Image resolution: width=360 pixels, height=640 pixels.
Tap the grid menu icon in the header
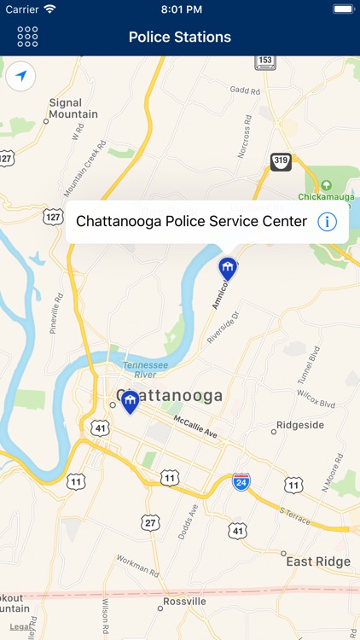coord(27,37)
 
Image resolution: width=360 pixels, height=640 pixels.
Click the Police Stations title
coord(180,37)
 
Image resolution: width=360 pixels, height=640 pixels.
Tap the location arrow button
coord(20,77)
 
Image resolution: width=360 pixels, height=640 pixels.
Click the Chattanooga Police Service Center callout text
coord(191,221)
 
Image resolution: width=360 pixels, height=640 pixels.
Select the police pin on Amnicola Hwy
coord(228,268)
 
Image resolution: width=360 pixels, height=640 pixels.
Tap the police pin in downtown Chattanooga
coord(130,402)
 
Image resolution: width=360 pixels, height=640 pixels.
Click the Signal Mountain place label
coord(73,108)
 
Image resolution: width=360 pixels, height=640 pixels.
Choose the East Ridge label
coord(318,561)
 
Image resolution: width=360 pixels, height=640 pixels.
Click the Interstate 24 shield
coord(241,481)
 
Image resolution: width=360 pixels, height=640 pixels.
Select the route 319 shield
coord(281,161)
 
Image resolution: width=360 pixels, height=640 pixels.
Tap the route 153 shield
coord(264,61)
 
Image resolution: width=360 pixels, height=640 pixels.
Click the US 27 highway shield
coord(150,522)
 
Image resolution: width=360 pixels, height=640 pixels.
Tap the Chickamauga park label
coord(326,196)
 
